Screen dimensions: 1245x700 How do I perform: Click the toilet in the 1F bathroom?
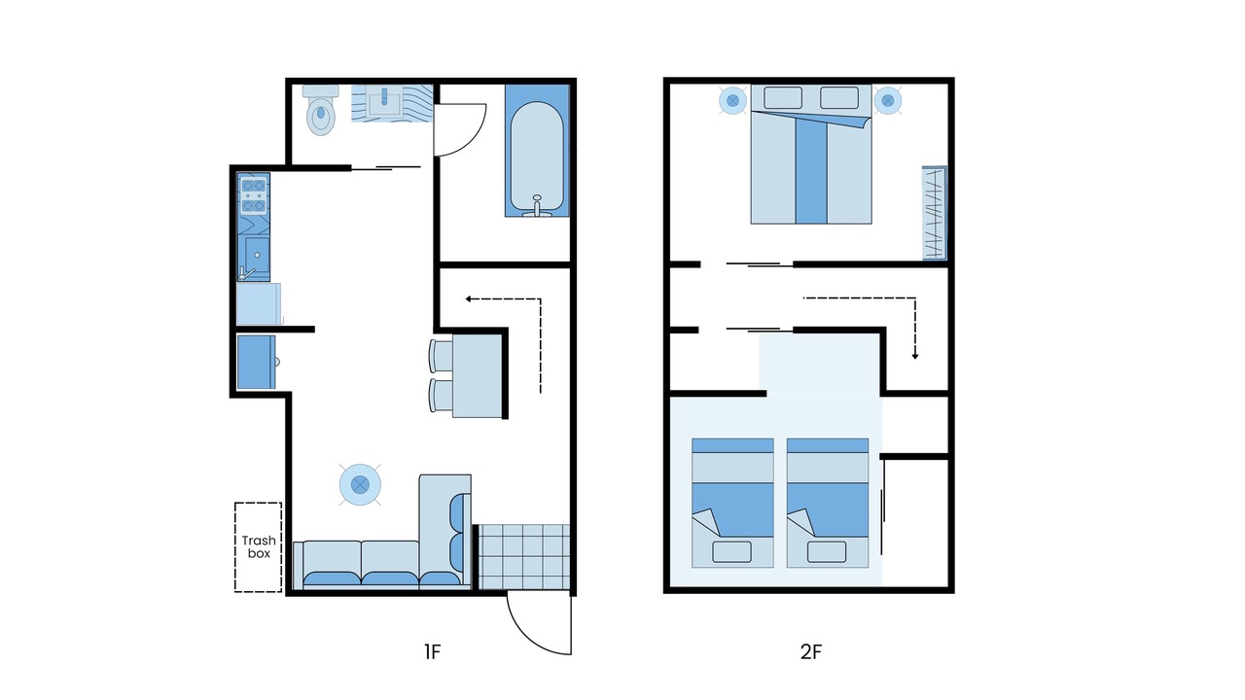(x=321, y=110)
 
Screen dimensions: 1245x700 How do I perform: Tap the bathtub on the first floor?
(x=537, y=151)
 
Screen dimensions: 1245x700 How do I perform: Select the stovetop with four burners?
(x=254, y=196)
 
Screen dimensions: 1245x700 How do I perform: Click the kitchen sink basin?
(x=258, y=255)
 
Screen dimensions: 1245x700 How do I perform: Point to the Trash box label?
(x=259, y=547)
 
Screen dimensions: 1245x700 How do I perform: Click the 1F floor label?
(x=433, y=651)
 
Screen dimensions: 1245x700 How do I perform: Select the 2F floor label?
(x=811, y=651)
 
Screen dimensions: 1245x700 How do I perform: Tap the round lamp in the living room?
(x=360, y=485)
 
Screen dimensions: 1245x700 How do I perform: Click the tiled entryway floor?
(x=524, y=556)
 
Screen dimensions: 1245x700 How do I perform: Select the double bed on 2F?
(x=811, y=155)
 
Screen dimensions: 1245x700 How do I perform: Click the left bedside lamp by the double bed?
(x=733, y=100)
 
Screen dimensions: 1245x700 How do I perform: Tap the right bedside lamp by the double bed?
(x=888, y=100)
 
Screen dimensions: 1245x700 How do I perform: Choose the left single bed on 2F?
(x=732, y=503)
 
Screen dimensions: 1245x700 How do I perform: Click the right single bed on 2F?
(x=828, y=503)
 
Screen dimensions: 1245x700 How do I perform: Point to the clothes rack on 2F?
(x=935, y=213)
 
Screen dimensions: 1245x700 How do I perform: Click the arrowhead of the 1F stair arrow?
(x=469, y=298)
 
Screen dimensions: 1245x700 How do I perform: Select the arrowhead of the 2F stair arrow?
(x=915, y=356)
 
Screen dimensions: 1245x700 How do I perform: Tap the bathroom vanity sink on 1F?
(x=384, y=102)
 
